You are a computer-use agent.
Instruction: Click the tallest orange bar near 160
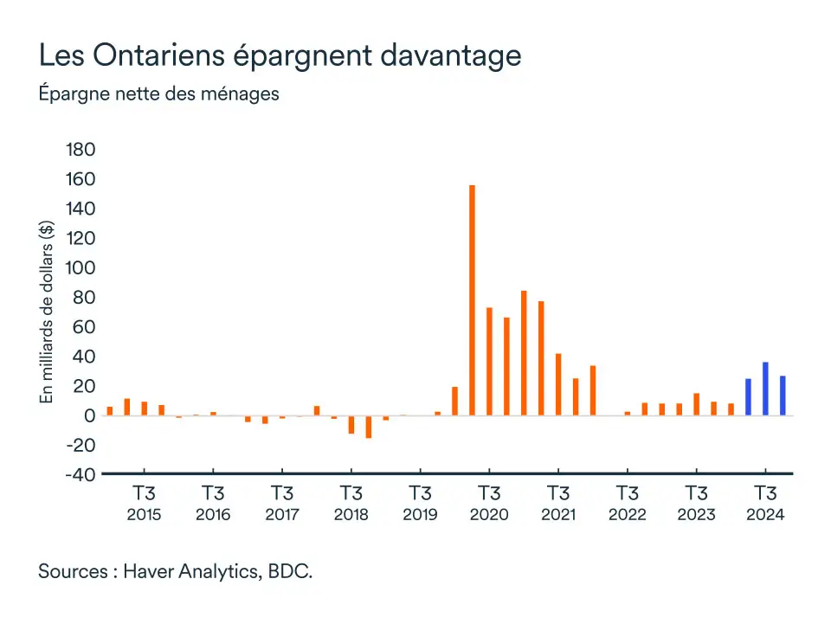472,300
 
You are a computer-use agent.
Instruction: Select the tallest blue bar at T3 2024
765,389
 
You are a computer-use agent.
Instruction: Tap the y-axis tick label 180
80,150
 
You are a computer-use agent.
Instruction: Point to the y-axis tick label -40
77,474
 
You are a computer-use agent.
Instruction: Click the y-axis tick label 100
80,267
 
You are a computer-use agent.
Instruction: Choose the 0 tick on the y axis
89,415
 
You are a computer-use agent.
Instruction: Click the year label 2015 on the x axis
144,515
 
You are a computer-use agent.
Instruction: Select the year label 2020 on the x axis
489,515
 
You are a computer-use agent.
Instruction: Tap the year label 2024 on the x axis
765,515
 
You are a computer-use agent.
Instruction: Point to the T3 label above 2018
351,494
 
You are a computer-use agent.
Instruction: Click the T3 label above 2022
627,494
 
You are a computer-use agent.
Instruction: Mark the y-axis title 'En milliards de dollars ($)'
47,312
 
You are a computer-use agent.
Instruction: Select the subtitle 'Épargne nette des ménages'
158,93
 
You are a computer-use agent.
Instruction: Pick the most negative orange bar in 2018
368,427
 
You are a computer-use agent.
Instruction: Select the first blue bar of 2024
748,397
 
